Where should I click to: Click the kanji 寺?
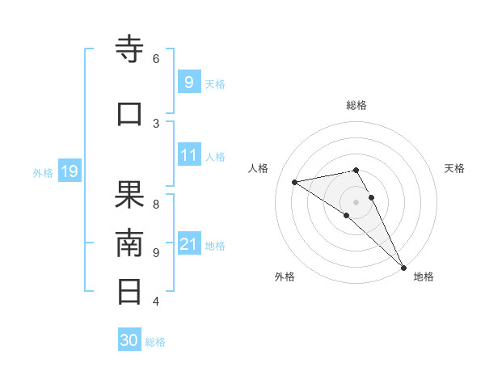tap(130, 50)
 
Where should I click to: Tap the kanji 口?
tap(130, 114)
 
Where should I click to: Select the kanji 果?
tap(130, 195)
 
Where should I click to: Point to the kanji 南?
tap(130, 243)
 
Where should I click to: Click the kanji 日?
tap(130, 291)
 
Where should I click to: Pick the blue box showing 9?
tap(188, 82)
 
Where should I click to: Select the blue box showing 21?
tap(188, 243)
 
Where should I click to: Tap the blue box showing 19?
tap(69, 171)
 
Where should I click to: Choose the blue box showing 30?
tap(129, 340)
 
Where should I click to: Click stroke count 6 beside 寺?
tap(156, 58)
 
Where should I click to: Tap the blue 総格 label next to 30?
tap(155, 342)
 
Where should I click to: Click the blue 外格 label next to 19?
tap(43, 172)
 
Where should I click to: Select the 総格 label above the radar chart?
tap(356, 105)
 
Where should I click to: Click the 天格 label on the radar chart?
tap(455, 168)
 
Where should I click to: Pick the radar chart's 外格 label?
tap(285, 277)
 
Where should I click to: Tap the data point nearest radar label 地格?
tap(403, 267)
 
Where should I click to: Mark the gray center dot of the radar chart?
tap(356, 201)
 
